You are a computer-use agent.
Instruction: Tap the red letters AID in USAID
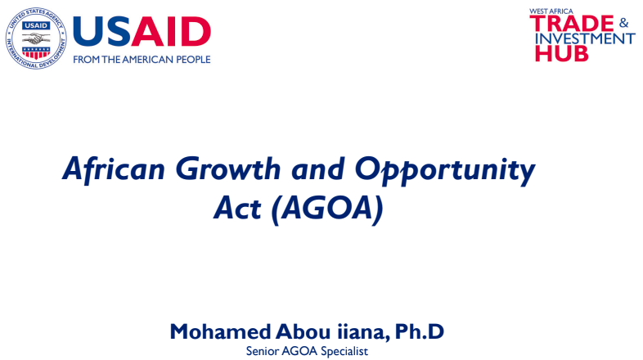(174, 32)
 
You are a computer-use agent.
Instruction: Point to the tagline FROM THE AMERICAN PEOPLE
(142, 60)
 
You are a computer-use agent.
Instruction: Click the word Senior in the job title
(263, 351)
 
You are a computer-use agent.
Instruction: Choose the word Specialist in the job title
(345, 351)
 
